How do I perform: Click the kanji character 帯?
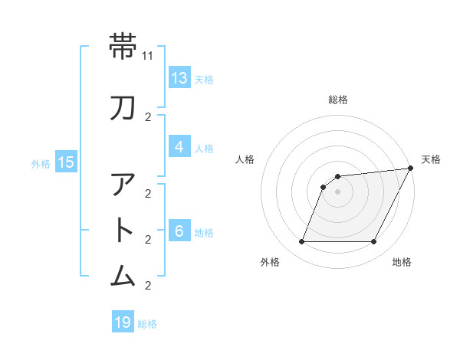(123, 47)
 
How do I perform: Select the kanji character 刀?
(123, 108)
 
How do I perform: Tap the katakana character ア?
(123, 185)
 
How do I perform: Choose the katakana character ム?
(123, 276)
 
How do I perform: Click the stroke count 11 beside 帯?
(148, 56)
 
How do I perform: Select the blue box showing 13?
(179, 78)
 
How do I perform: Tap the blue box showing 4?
(179, 147)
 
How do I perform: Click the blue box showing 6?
(179, 231)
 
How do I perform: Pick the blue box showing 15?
(65, 162)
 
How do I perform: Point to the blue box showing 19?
(123, 322)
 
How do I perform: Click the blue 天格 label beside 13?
(204, 79)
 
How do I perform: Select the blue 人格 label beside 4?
(204, 148)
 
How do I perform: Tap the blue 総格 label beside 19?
(147, 324)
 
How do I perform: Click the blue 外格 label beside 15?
(41, 162)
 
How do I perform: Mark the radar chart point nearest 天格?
(410, 169)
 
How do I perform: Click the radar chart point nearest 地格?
(374, 242)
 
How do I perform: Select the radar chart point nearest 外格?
(301, 242)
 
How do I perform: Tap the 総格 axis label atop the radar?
(338, 100)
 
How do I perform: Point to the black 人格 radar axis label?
(245, 159)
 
